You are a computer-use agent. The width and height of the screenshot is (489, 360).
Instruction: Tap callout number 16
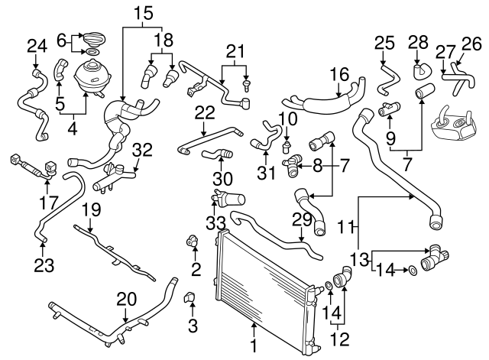[x=339, y=74]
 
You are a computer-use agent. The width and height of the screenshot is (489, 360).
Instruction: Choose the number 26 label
[x=472, y=44]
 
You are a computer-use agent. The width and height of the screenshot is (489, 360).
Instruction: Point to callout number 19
[x=91, y=209]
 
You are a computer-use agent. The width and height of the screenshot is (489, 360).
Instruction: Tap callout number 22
[x=203, y=112]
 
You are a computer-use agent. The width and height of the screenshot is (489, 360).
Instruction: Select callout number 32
[x=142, y=148]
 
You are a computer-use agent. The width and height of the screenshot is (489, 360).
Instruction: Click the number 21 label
[x=234, y=52]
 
